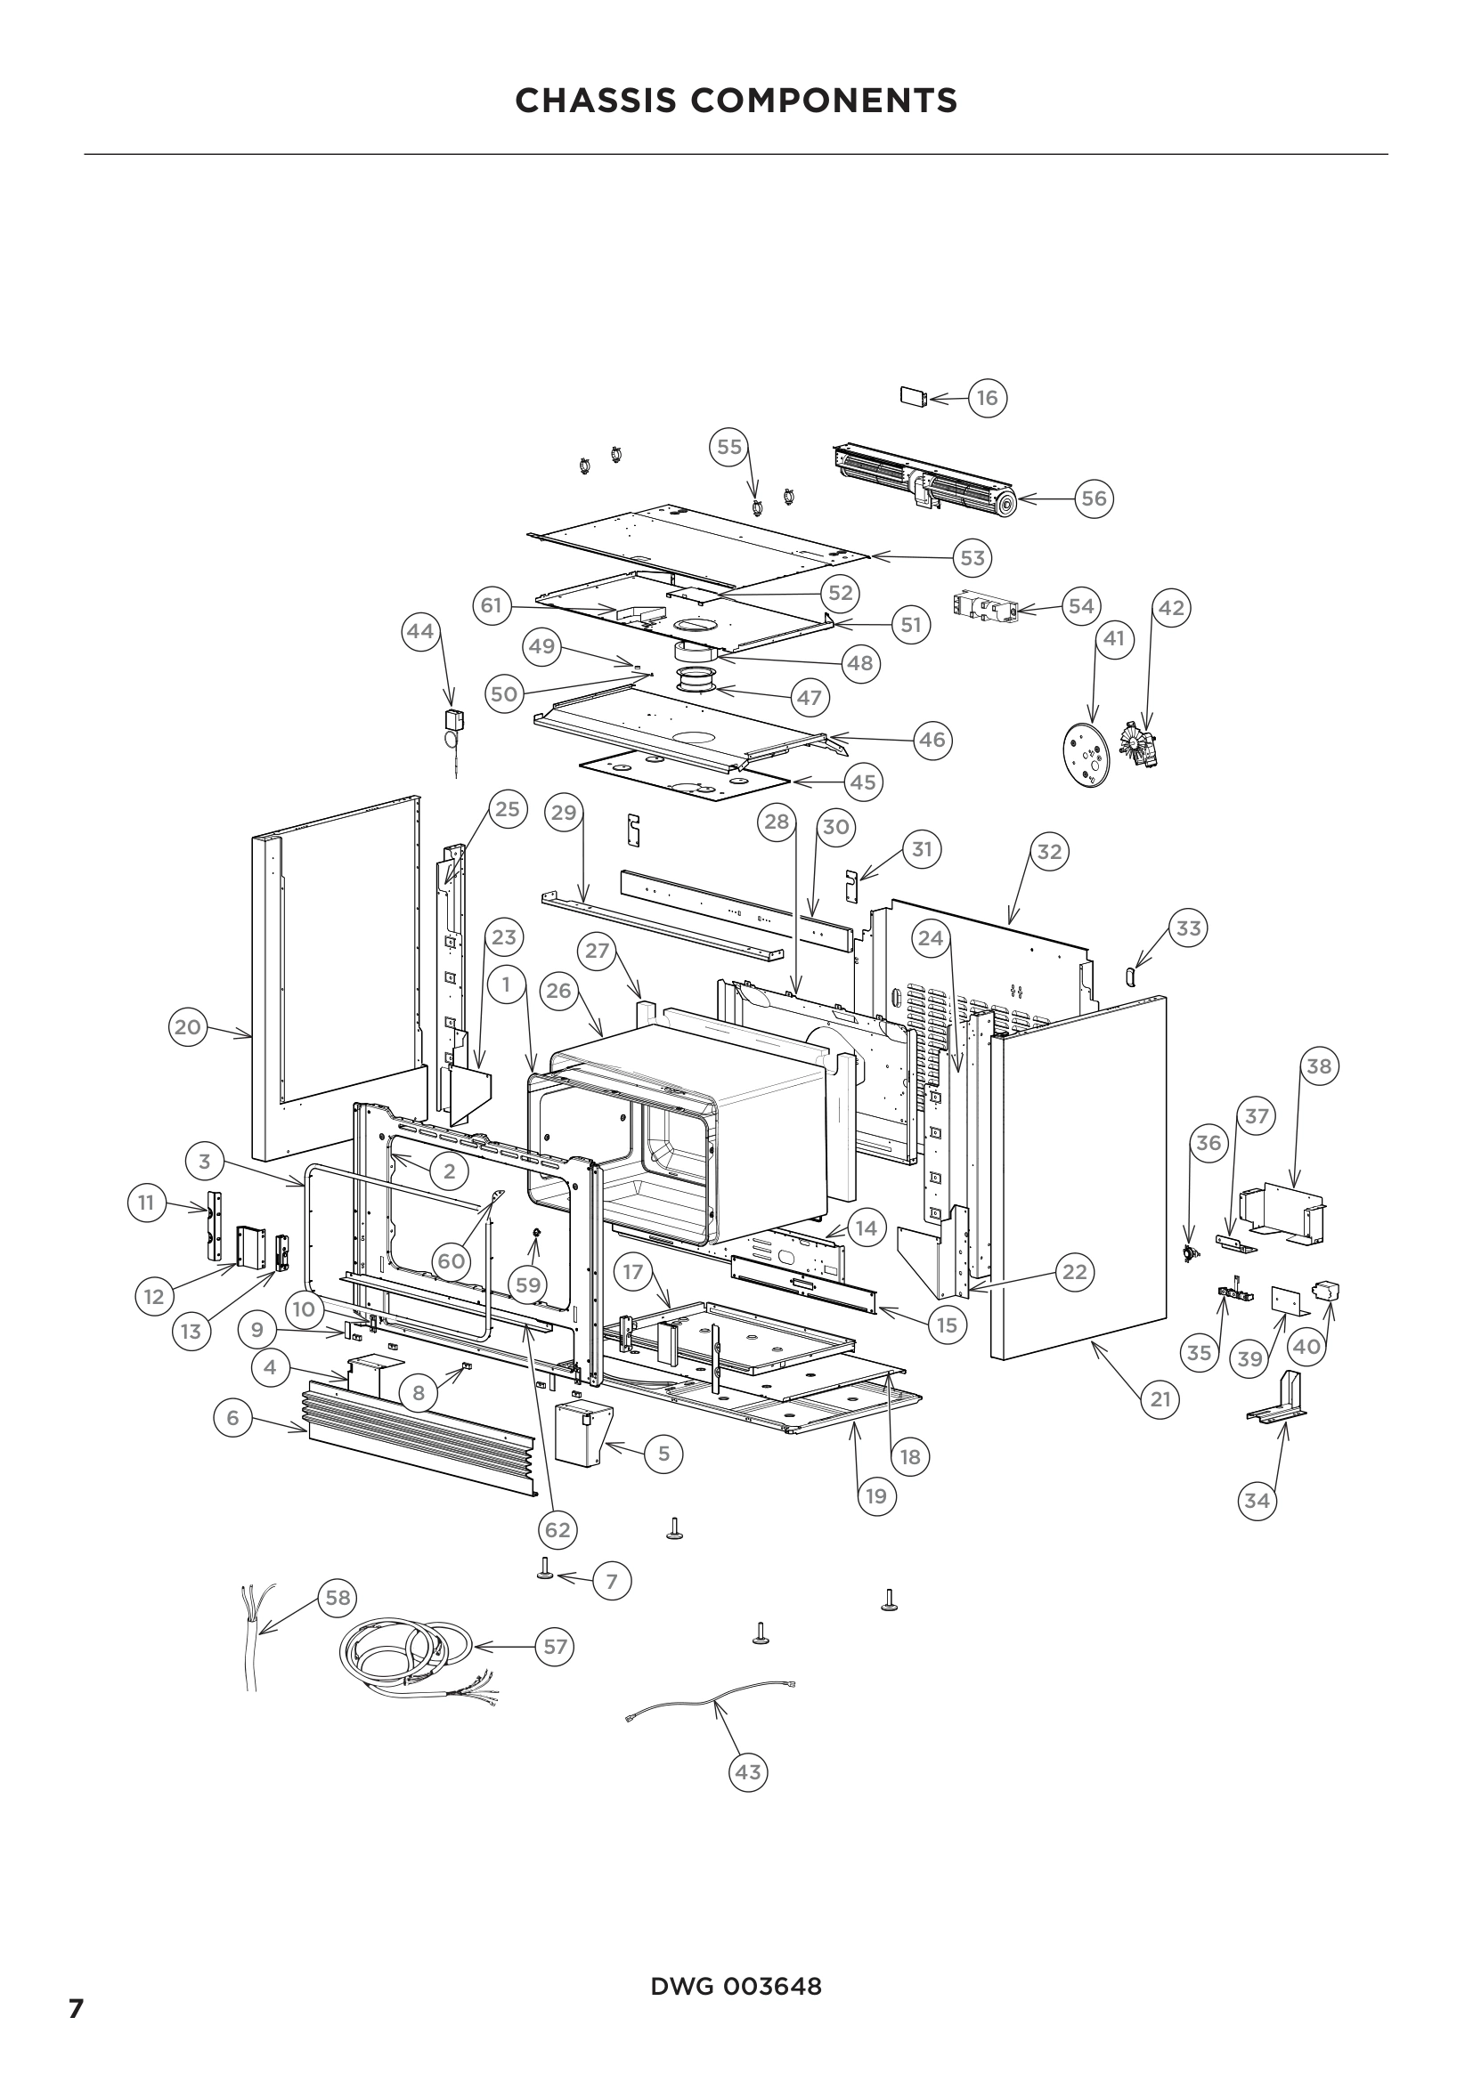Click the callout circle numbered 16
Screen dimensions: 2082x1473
[x=987, y=397]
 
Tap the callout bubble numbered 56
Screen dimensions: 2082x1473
[x=1094, y=498]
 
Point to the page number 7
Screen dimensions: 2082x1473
[x=77, y=2008]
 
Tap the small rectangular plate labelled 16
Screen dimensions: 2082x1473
[x=913, y=397]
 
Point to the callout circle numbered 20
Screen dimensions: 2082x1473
[x=188, y=1027]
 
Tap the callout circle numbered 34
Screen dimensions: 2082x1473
[x=1257, y=1500]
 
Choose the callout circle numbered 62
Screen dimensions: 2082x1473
[x=557, y=1530]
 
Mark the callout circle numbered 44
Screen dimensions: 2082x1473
[x=421, y=630]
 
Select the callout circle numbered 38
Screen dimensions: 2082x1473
[x=1319, y=1066]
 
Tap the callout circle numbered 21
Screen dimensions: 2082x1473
[x=1160, y=1399]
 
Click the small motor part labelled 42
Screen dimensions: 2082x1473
[x=1138, y=745]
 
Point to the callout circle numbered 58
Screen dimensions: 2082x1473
[x=338, y=1597]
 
